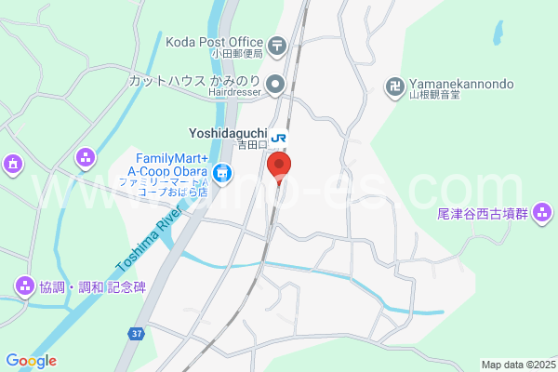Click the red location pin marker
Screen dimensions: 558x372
(279, 167)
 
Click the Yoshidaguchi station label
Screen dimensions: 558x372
(229, 133)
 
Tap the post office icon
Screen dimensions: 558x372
(276, 44)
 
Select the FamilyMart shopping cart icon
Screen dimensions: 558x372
(221, 172)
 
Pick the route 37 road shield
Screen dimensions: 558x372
(136, 334)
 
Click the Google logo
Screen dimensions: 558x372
(31, 361)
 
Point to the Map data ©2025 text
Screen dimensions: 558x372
(517, 365)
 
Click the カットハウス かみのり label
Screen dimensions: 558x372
(194, 80)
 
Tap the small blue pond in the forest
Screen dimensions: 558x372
(498, 33)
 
